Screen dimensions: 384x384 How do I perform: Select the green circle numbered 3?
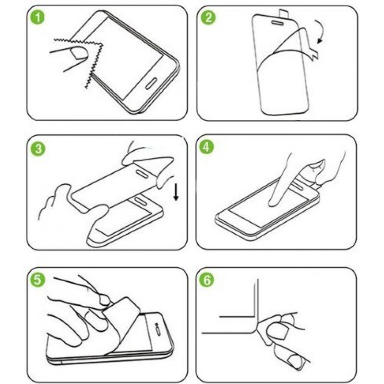coord(38,148)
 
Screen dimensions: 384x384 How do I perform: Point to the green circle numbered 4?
coord(206,147)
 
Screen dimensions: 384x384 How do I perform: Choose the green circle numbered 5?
coord(37,280)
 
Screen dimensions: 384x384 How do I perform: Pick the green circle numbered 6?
coord(207,280)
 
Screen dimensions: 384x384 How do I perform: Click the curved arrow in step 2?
coord(320,31)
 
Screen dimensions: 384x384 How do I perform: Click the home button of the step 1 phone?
coord(151,84)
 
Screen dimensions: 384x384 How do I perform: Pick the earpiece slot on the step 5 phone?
coord(158,330)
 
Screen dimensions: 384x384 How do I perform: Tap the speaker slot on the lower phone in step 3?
coord(140,201)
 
